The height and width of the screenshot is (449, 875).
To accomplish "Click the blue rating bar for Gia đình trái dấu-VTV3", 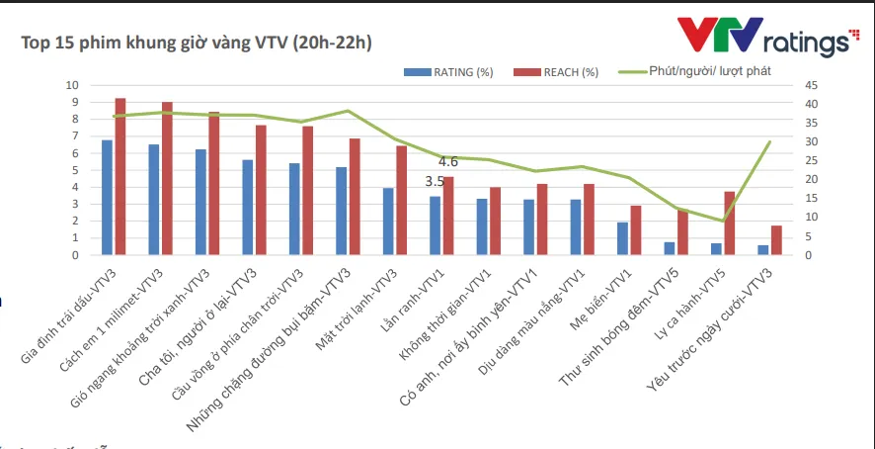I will [107, 197].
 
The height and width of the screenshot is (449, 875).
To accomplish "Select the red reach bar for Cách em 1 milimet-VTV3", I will [167, 178].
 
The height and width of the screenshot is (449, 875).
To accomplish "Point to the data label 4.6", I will [447, 161].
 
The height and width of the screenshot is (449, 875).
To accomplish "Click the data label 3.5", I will [435, 182].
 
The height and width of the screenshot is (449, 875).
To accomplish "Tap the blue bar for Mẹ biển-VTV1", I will [622, 238].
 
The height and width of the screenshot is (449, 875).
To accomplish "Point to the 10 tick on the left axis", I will [70, 85].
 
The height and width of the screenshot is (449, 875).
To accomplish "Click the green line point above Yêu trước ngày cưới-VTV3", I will [769, 141].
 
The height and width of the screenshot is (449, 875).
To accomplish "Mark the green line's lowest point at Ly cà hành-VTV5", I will [723, 221].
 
